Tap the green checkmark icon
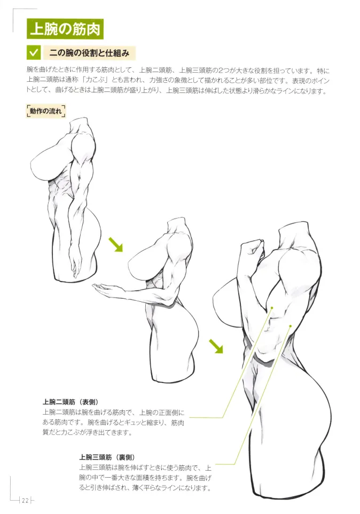coord(34,53)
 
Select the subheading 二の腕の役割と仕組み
coord(91,53)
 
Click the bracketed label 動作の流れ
coord(45,111)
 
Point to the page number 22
coord(25,500)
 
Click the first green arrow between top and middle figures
coord(115,244)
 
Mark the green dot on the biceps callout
coord(272,308)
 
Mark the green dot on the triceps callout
coord(290,325)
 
